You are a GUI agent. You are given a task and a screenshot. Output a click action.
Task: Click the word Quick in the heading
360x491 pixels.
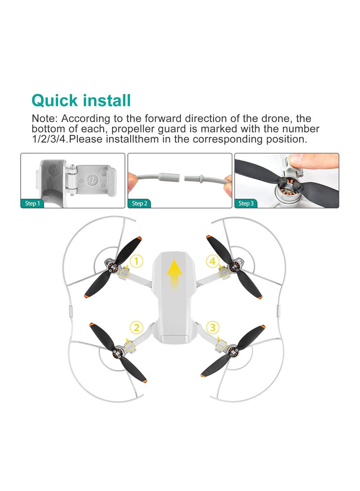(x=54, y=101)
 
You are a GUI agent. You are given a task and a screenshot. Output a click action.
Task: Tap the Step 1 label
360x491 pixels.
(x=32, y=203)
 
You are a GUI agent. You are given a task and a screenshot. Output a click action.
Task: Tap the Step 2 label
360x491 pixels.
(x=139, y=203)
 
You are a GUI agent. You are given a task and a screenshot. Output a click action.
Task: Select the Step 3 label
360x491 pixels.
(x=246, y=203)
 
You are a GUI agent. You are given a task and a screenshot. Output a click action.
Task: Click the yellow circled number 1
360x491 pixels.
(x=137, y=261)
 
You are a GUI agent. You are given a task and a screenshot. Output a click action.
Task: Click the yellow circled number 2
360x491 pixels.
(x=137, y=328)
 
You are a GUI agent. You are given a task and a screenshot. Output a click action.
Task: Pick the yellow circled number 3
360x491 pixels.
(x=213, y=328)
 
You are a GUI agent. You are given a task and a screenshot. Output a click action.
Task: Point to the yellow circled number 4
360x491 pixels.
(x=213, y=261)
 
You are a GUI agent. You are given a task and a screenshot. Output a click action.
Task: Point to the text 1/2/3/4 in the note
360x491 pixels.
(x=49, y=140)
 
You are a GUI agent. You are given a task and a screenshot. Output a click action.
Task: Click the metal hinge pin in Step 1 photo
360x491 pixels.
(x=72, y=180)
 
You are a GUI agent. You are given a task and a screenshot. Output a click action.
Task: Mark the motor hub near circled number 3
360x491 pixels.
(x=232, y=351)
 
